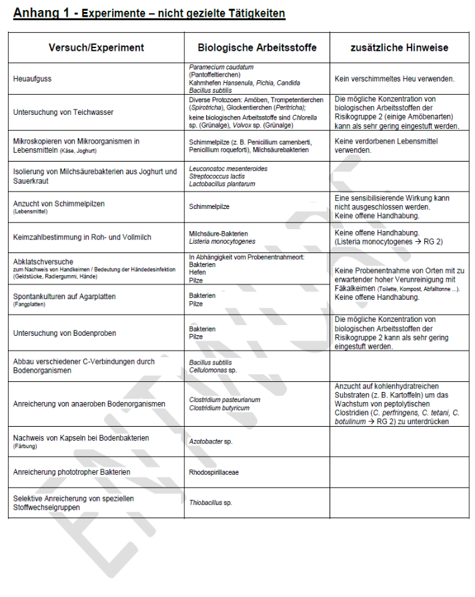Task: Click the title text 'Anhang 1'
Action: pos(39,13)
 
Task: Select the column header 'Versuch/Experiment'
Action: pos(96,47)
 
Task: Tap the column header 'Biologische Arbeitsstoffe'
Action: pos(257,47)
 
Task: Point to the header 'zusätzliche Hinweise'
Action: pos(399,47)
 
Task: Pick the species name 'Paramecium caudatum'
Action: pos(221,67)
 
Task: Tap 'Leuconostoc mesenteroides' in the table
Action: pos(228,169)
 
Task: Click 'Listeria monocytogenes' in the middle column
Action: pos(222,241)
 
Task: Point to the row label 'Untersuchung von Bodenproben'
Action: pos(64,333)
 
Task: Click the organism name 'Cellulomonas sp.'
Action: pos(213,369)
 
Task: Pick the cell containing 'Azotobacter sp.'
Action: pos(211,441)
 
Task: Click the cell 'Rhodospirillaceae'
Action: pos(213,472)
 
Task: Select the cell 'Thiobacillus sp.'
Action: pos(210,502)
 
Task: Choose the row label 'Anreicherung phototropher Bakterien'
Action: pos(71,472)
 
